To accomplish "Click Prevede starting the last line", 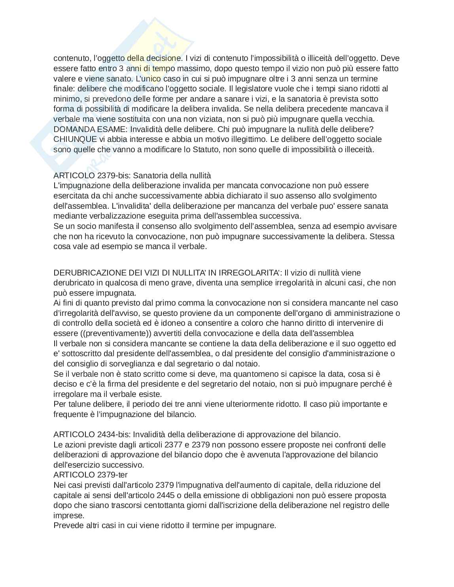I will coord(66,525).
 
